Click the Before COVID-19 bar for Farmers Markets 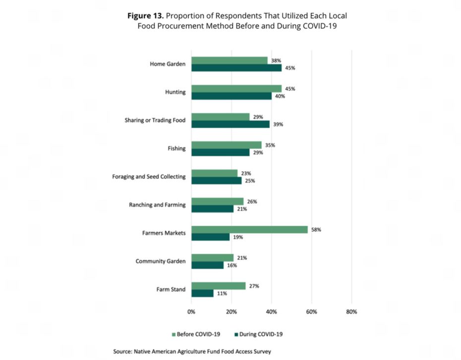coord(249,230)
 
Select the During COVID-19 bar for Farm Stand coord(202,293)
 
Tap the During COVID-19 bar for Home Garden coord(236,68)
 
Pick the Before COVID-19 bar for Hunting coord(236,89)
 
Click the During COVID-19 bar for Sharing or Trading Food coord(230,124)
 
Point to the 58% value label coord(316,230)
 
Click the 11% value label coord(222,293)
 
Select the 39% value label coord(278,124)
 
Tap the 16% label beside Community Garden coord(231,265)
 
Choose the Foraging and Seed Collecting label coord(149,177)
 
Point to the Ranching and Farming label coord(157,205)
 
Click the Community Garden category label coord(161,261)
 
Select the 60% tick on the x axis coord(311,312)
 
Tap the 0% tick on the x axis coord(191,312)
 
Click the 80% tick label coord(351,312)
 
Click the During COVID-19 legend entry coord(260,334)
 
